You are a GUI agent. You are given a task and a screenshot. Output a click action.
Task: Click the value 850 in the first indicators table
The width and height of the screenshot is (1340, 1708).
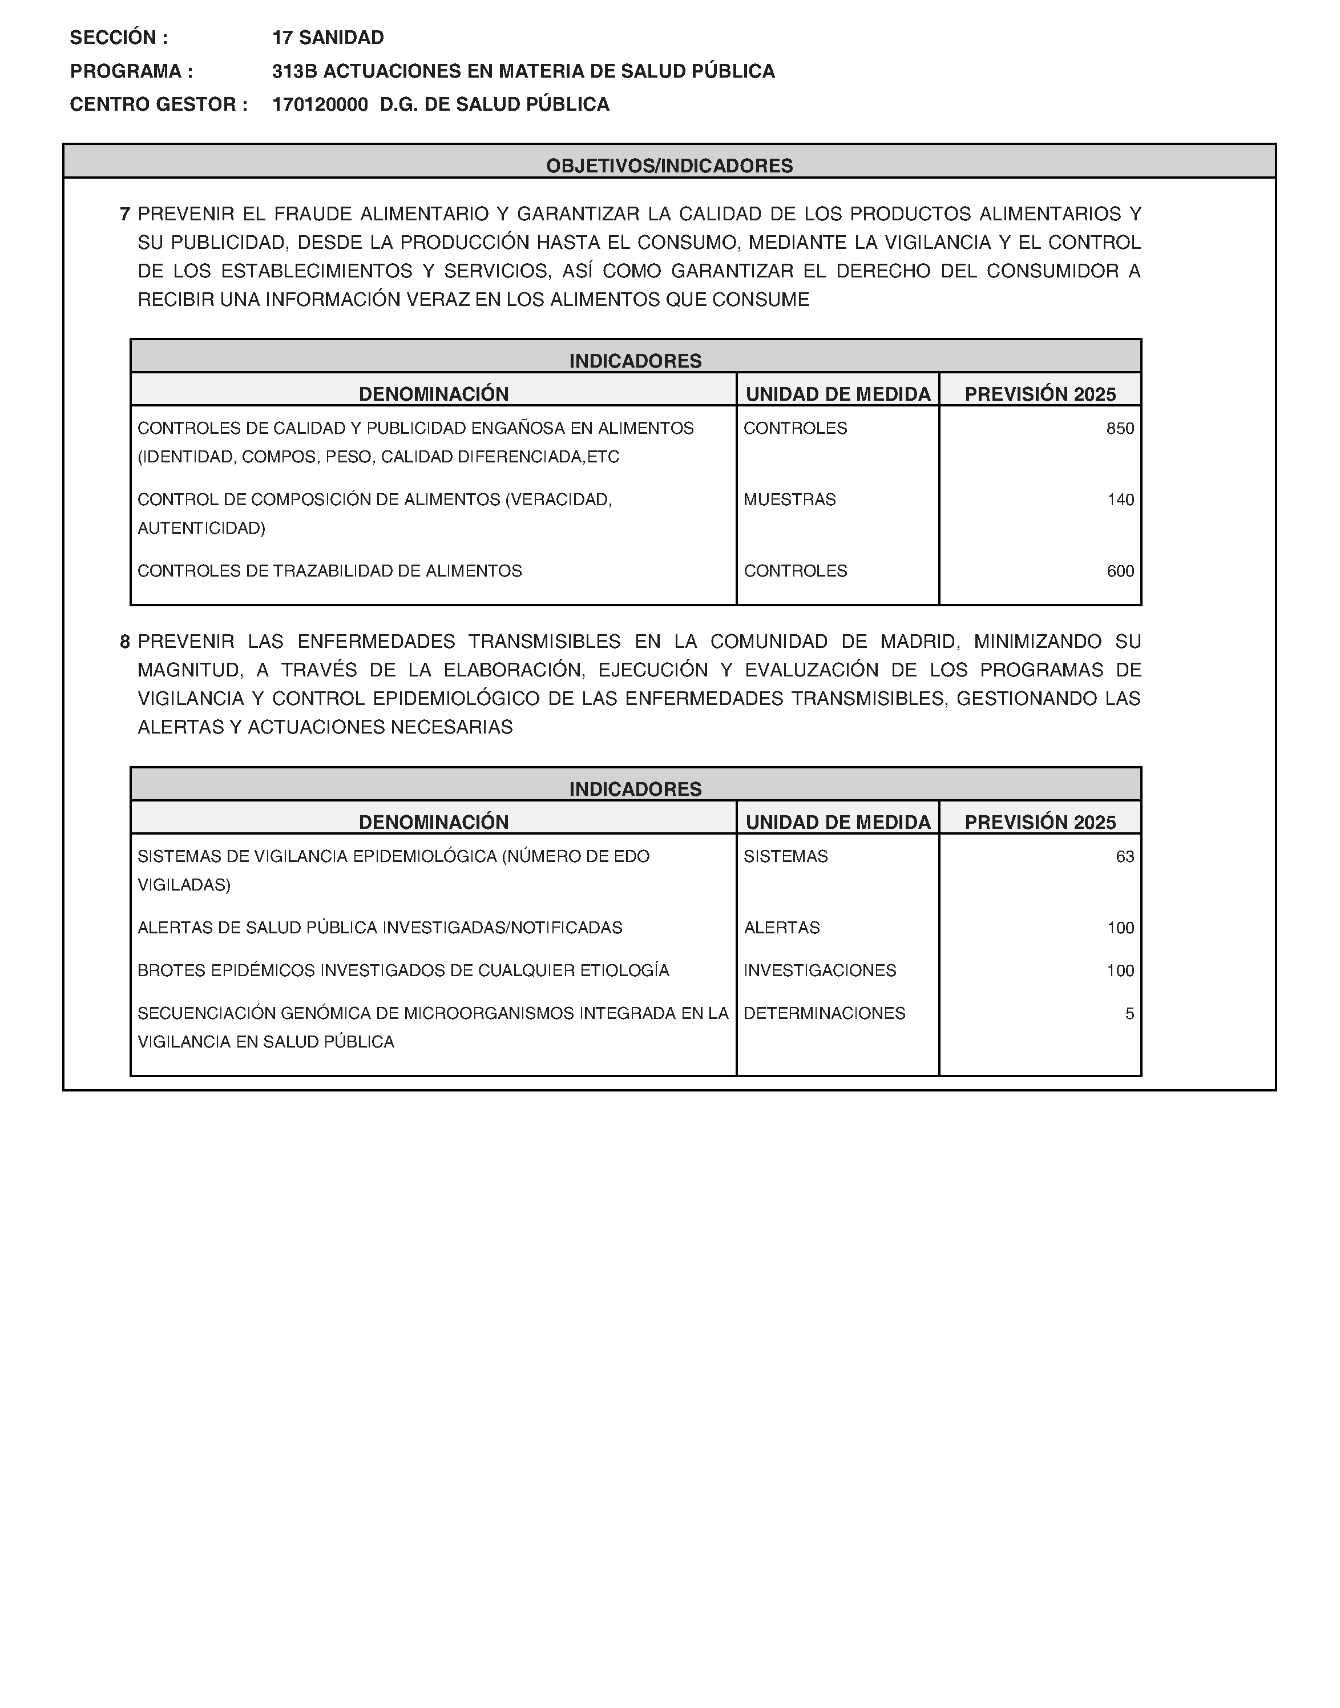coord(1120,428)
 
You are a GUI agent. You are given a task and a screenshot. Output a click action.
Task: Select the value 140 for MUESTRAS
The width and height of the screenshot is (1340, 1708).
coord(1120,499)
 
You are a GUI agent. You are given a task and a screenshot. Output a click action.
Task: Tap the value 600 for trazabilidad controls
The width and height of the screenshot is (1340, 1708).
coord(1120,571)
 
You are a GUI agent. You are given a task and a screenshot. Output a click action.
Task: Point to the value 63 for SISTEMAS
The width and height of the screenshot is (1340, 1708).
coord(1124,857)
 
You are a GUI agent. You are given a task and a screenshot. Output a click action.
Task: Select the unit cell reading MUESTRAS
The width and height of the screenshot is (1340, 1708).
coord(789,499)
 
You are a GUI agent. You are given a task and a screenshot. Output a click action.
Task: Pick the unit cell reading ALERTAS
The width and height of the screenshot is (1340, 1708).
coord(781,928)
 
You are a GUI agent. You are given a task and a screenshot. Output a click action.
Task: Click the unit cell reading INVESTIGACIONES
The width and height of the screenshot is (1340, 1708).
coord(819,970)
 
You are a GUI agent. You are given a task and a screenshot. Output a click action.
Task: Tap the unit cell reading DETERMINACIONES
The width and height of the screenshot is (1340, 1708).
coord(824,1014)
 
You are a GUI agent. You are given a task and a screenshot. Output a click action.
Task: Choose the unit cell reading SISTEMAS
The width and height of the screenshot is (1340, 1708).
coord(785,857)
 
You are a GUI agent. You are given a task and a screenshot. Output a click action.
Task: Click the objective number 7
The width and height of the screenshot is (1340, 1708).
coord(124,214)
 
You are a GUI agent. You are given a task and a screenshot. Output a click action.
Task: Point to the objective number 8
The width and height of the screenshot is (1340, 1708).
coord(124,642)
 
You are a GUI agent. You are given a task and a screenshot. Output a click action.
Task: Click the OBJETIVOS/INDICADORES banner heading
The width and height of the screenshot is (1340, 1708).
coord(669,166)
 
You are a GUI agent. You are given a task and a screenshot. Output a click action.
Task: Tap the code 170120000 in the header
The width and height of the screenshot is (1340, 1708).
coord(320,104)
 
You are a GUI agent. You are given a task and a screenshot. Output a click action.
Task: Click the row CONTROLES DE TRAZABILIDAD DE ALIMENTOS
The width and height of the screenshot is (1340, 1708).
coord(329,571)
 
